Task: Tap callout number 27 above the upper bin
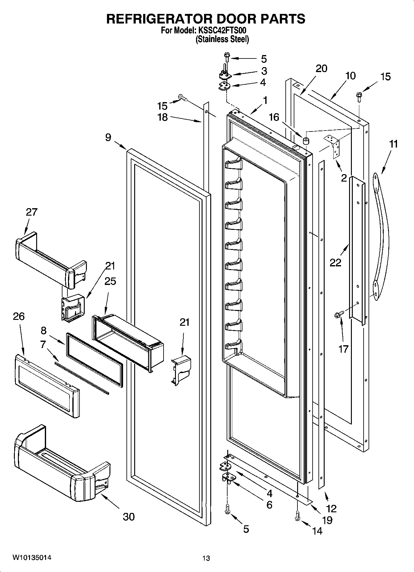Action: (x=32, y=212)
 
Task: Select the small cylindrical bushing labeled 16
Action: (x=306, y=141)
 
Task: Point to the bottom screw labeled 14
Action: (x=297, y=516)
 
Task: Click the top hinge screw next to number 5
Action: (x=226, y=57)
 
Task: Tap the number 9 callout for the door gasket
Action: (x=108, y=137)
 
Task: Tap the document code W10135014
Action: (x=32, y=558)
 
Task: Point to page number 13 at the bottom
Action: (x=206, y=558)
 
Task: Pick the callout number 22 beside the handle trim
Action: (x=335, y=263)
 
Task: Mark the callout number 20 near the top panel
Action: (x=321, y=68)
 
